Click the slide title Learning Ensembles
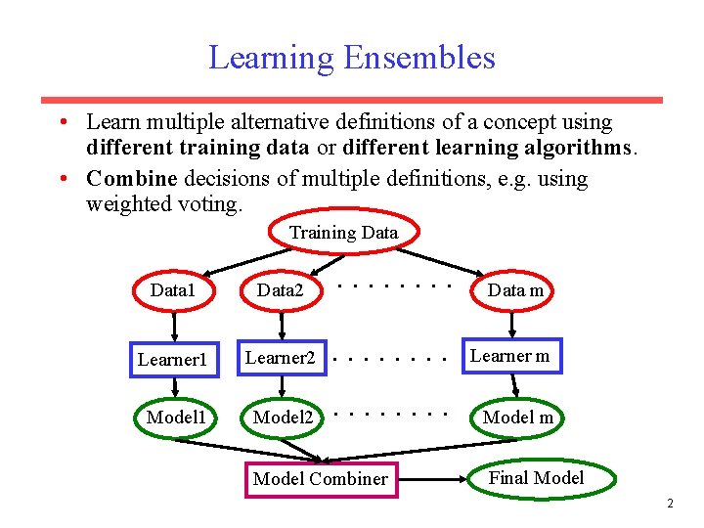(351, 58)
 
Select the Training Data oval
(343, 233)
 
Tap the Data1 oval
(173, 290)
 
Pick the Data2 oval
(280, 290)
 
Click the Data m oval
(515, 290)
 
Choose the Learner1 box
(172, 359)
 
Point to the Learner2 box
(280, 358)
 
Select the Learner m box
(509, 357)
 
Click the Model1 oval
(175, 418)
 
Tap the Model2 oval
(283, 418)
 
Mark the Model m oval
(518, 418)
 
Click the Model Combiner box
(320, 479)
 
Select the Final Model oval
(536, 478)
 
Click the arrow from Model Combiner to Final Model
(434, 479)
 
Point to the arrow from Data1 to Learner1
(173, 325)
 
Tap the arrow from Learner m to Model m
(509, 386)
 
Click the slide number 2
(670, 505)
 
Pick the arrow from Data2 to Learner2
(280, 325)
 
